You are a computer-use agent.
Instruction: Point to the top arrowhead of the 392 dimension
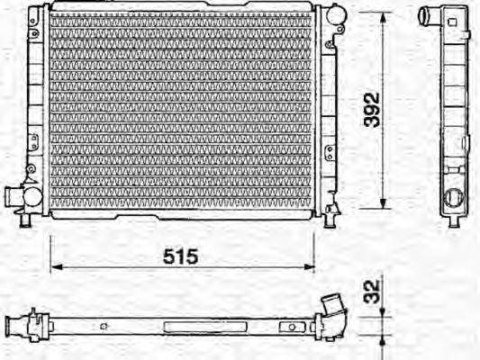pos(385,18)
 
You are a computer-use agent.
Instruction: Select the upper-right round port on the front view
pos(334,15)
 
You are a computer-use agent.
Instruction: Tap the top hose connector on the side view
pos(430,15)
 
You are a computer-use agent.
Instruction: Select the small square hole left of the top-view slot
pos(106,325)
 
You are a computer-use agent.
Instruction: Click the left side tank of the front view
pos(35,108)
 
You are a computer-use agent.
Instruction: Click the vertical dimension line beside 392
pos(385,153)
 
